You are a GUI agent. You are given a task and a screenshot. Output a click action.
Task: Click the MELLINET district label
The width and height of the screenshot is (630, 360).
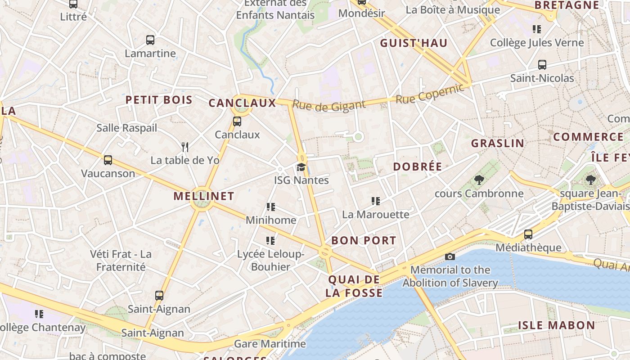tap(204, 196)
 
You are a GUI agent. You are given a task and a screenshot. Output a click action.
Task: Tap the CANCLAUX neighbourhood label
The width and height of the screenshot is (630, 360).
tap(242, 103)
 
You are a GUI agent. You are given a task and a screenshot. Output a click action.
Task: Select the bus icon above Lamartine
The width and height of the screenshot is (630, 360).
tap(150, 40)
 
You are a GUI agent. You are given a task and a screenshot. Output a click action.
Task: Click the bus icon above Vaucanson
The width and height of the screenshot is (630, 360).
tap(108, 160)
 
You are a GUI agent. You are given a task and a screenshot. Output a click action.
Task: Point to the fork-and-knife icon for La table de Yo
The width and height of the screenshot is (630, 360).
tap(185, 147)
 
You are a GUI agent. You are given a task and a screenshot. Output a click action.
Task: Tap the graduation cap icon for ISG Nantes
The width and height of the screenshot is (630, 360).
tap(301, 167)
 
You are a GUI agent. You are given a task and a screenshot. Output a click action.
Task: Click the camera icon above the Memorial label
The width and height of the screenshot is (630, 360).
tap(450, 256)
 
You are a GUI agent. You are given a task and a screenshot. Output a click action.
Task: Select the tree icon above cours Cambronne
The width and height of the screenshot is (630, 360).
tap(479, 180)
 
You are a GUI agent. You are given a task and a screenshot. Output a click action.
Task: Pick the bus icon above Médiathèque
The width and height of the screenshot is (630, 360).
tap(528, 234)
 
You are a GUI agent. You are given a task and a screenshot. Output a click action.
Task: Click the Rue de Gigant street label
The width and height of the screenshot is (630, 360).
tap(329, 106)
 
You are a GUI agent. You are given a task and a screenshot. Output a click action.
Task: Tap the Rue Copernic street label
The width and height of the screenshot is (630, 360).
tap(429, 94)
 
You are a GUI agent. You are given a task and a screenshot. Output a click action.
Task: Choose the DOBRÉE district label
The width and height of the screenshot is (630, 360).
tap(418, 166)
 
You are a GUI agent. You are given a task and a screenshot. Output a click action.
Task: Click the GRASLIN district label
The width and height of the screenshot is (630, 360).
tap(497, 144)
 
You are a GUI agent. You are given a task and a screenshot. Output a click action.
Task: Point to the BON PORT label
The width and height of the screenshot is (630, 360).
tap(364, 240)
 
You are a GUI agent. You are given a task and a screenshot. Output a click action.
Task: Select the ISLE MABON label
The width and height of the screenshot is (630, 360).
tap(556, 325)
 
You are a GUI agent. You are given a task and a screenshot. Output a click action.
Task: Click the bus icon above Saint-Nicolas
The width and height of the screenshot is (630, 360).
tap(542, 65)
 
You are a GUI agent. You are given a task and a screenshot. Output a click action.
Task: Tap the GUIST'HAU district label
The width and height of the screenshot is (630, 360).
tap(414, 43)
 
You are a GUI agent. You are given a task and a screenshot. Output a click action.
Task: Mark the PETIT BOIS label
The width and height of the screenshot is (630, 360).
tap(159, 100)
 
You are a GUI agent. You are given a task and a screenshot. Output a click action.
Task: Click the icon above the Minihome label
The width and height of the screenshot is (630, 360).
tap(270, 207)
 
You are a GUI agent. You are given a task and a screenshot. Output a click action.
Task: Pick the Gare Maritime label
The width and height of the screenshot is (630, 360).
tap(270, 344)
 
